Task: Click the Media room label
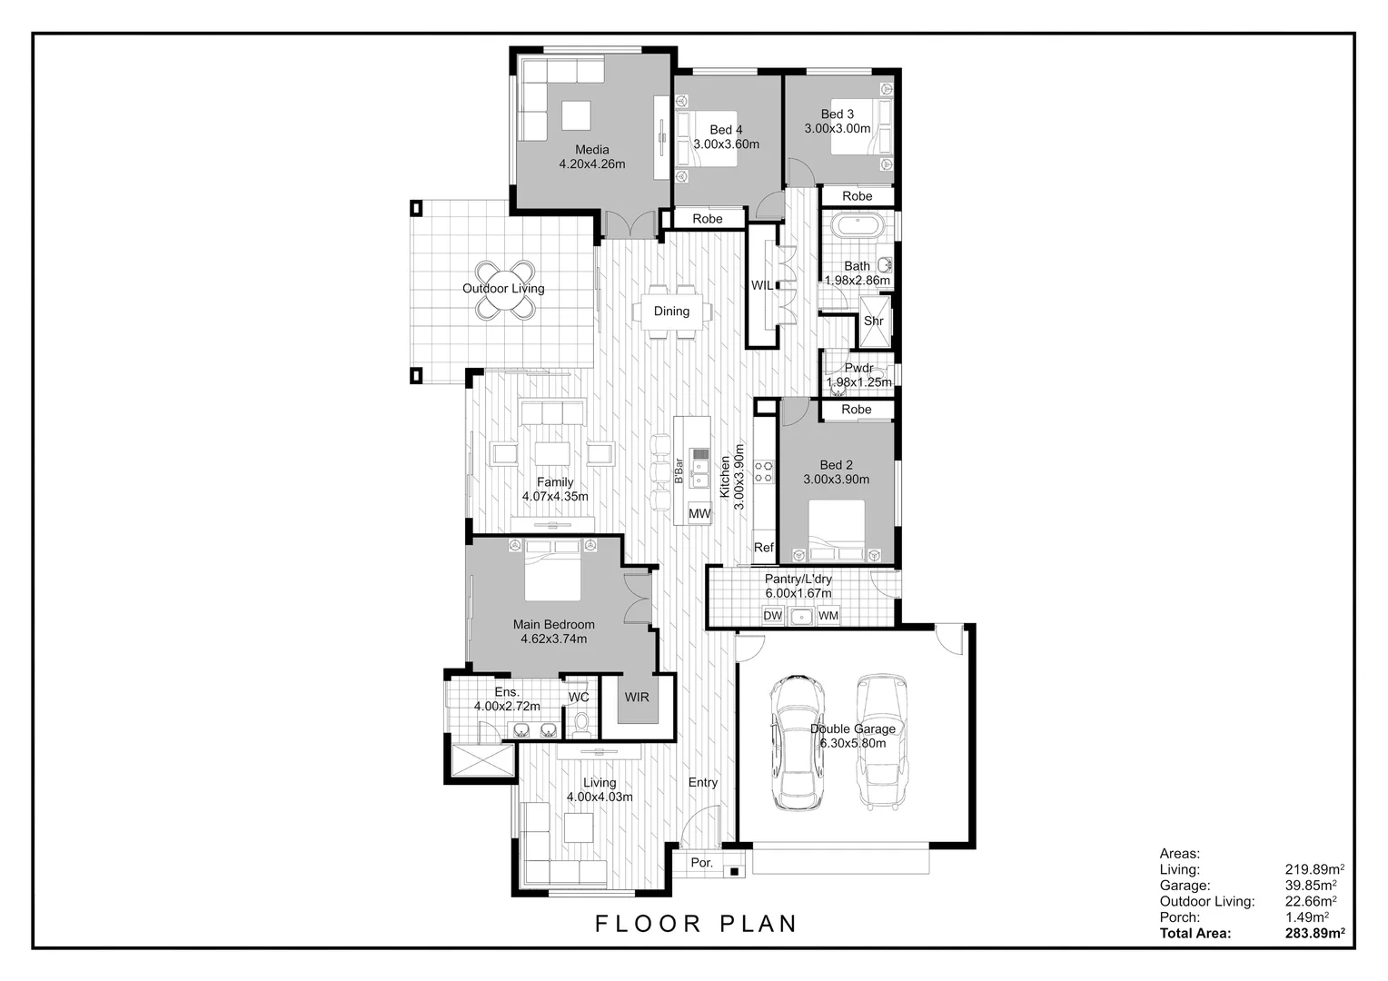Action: point(591,150)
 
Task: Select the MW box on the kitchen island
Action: point(699,514)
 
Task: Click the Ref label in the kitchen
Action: point(764,548)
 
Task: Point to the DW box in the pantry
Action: point(772,616)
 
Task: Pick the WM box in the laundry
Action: point(828,616)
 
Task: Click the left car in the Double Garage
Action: point(797,742)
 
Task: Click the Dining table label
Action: point(671,312)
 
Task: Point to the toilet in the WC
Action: point(582,723)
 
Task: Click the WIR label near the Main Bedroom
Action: point(637,697)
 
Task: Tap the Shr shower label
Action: point(873,322)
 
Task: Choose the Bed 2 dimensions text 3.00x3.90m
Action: point(836,480)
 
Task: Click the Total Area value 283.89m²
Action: point(1314,933)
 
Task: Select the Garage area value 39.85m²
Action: point(1310,885)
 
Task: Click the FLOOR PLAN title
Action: point(696,924)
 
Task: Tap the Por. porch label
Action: point(701,862)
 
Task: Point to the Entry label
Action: point(702,782)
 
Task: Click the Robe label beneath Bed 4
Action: point(707,219)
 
